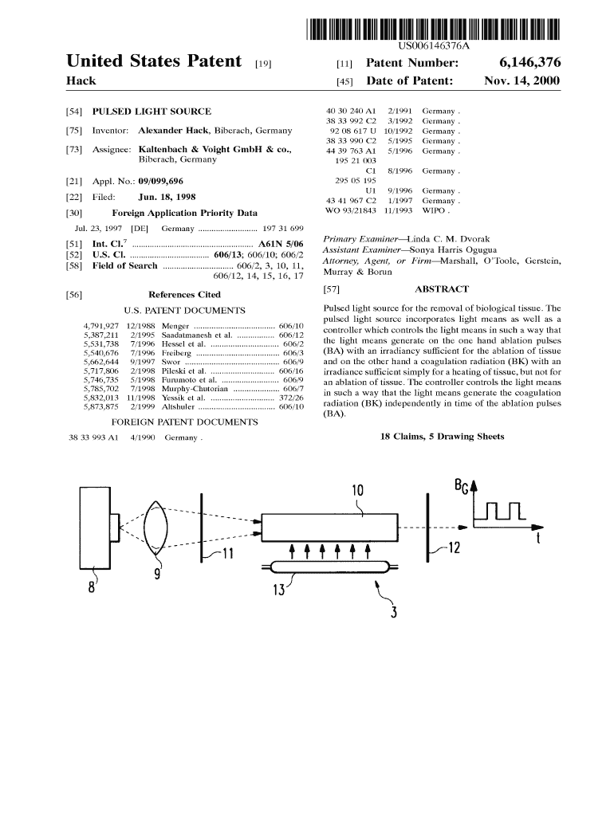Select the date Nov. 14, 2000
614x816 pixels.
(522, 81)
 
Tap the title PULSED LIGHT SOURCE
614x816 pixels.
(152, 112)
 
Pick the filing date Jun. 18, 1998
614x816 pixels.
(167, 197)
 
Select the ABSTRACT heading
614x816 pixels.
(442, 289)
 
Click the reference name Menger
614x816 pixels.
(175, 327)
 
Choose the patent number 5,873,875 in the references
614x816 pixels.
(100, 406)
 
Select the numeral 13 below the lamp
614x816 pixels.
(279, 590)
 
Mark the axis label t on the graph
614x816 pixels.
(539, 541)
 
